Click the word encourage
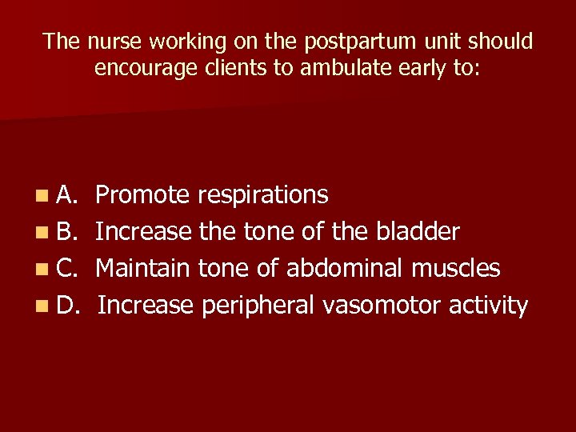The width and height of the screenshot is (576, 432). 142,68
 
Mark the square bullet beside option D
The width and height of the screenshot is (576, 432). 41,306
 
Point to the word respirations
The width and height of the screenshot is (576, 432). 262,194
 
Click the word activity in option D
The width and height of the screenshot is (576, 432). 489,306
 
